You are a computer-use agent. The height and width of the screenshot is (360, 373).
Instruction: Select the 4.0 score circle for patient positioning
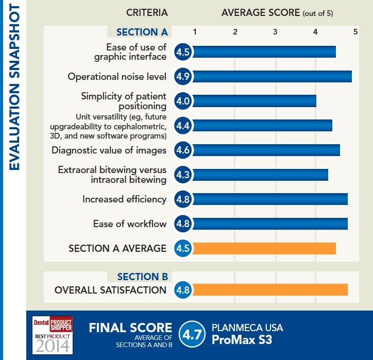(x=183, y=101)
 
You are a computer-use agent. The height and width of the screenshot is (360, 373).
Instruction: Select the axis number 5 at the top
(x=355, y=32)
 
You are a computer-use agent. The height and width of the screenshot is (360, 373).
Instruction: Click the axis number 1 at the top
(x=195, y=32)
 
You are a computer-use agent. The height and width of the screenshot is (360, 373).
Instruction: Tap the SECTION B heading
(x=143, y=277)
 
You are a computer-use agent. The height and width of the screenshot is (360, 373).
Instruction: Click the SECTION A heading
(x=142, y=32)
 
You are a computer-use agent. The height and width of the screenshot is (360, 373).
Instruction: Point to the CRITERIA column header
(x=147, y=12)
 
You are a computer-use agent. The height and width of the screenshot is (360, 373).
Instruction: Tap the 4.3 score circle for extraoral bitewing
(x=183, y=175)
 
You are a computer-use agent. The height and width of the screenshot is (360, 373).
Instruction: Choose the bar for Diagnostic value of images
(x=265, y=150)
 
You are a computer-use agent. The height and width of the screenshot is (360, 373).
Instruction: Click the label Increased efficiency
(x=124, y=199)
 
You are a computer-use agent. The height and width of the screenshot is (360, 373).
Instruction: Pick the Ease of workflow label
(x=130, y=224)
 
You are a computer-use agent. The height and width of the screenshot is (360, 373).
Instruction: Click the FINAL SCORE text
(x=130, y=328)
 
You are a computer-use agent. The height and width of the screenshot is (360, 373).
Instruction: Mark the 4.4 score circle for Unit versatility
(x=183, y=126)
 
